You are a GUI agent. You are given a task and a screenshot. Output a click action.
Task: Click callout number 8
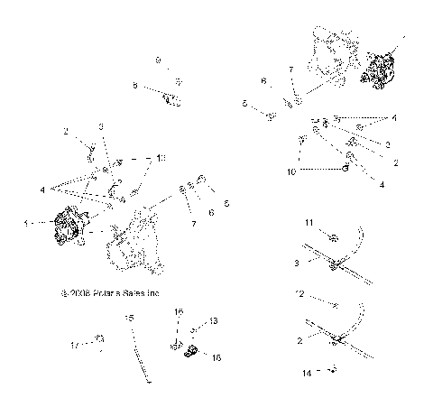pos(135,86)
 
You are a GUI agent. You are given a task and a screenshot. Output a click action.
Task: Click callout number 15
pos(129,319)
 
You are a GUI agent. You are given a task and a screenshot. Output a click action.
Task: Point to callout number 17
pos(77,344)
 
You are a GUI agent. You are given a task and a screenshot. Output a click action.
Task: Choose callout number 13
pos(214,320)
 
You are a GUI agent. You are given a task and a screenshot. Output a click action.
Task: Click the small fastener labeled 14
pos(332,370)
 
